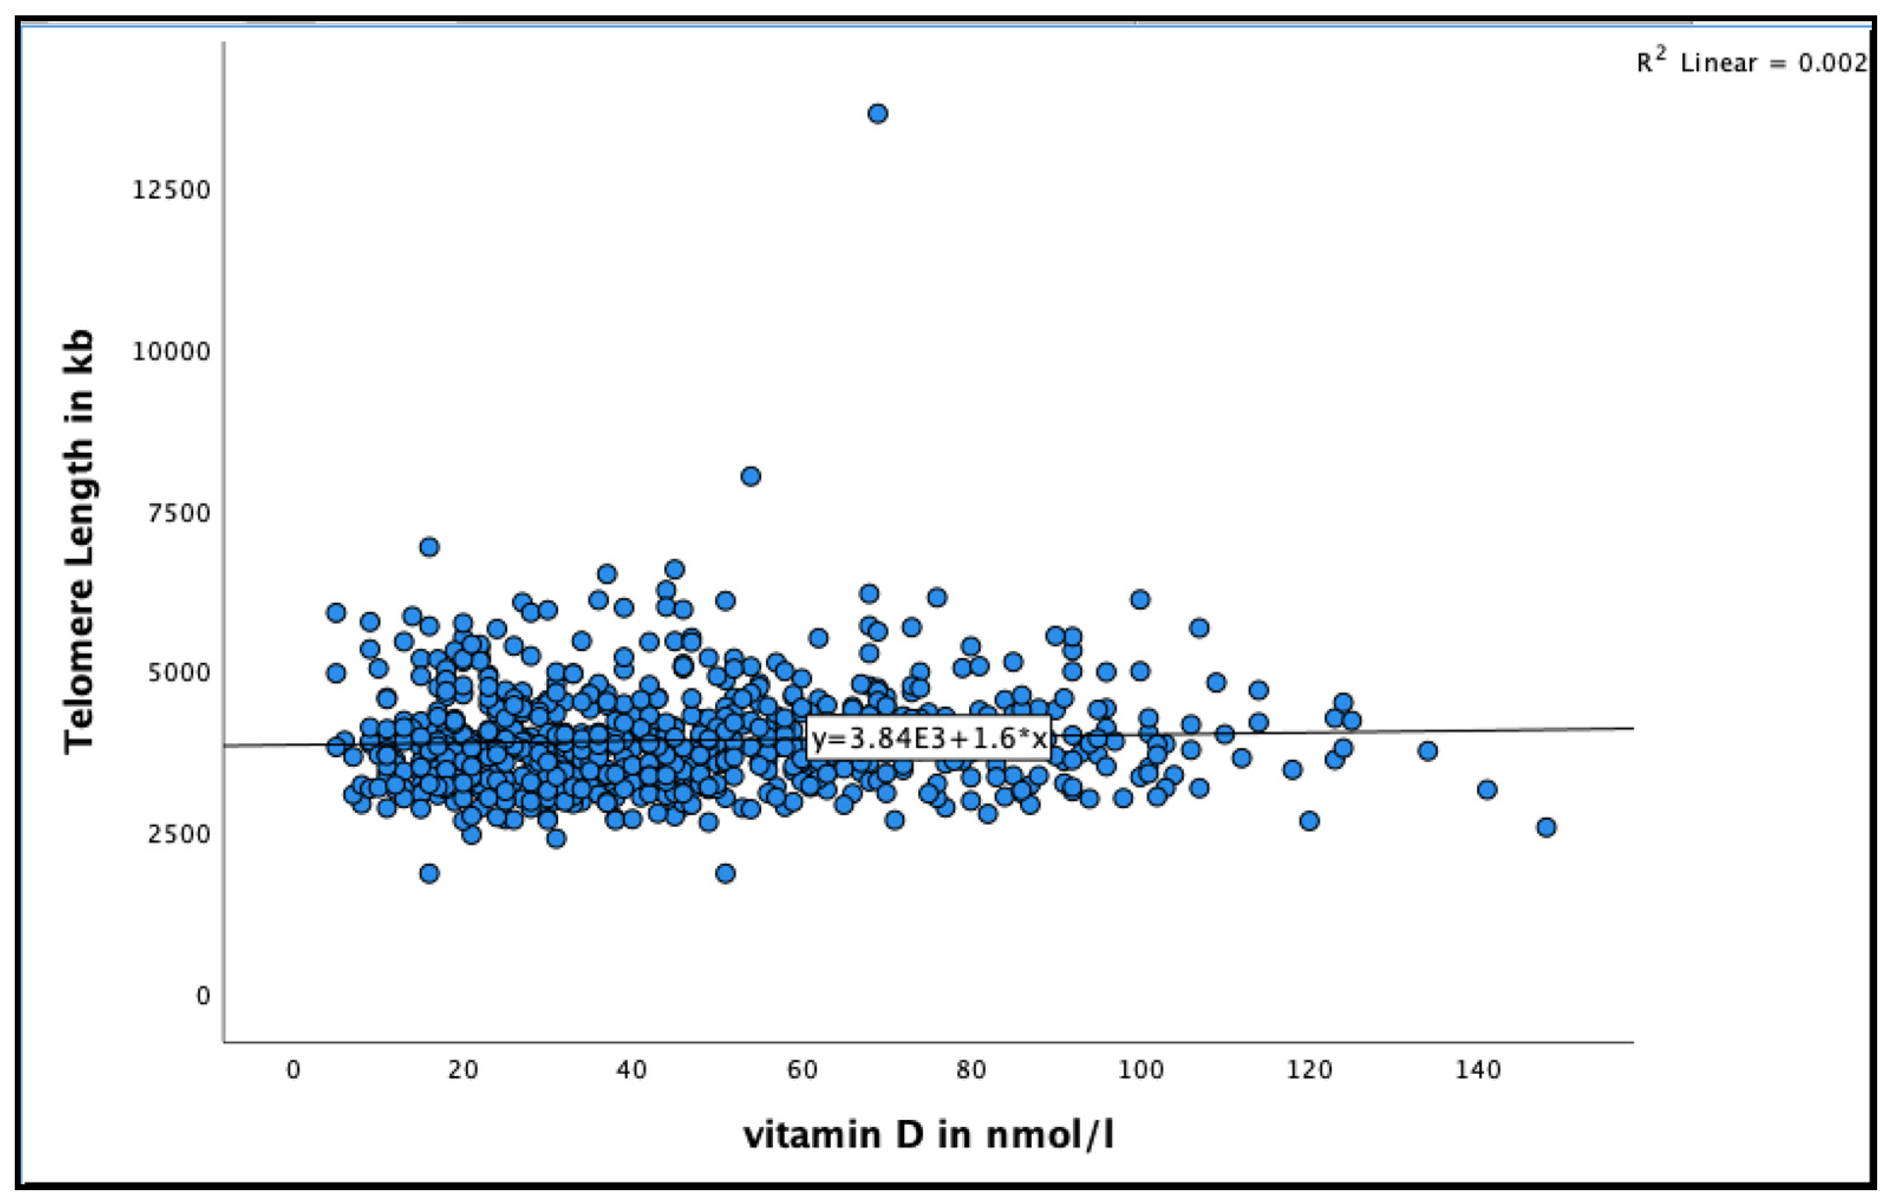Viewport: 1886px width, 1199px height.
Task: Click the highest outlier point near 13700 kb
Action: [877, 113]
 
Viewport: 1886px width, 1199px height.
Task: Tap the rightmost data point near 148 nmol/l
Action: [1545, 827]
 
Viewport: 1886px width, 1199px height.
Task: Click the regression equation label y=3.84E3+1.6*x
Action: [928, 738]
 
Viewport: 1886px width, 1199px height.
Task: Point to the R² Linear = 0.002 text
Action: [1751, 63]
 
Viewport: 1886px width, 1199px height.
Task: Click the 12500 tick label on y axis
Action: [171, 190]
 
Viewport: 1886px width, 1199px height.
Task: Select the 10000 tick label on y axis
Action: [171, 352]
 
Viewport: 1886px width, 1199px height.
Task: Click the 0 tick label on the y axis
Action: [203, 995]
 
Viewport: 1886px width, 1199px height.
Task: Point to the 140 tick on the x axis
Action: [1478, 1070]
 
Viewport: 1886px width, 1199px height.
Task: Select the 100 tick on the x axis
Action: [1140, 1070]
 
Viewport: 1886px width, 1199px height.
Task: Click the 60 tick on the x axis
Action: [801, 1070]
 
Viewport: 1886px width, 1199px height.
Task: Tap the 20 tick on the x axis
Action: [463, 1070]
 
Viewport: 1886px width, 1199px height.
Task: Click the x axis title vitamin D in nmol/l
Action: [928, 1135]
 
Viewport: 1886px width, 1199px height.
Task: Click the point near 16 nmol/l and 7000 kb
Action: [429, 547]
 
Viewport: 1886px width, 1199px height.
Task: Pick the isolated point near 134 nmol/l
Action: [1427, 751]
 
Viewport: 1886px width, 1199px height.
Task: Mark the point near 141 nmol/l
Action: [1487, 789]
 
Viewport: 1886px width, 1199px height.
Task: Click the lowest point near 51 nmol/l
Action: [725, 873]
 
